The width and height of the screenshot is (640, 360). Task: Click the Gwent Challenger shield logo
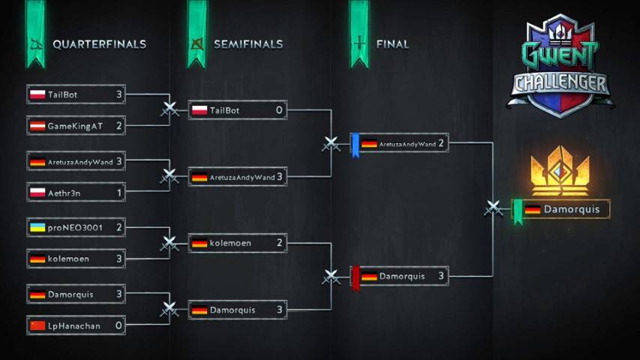coord(560,66)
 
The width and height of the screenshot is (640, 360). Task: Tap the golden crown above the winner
coord(560,170)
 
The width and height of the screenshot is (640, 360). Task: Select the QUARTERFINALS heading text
coord(99,44)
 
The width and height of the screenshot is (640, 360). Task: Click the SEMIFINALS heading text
coord(248,44)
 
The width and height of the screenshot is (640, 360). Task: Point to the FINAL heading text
coord(392,44)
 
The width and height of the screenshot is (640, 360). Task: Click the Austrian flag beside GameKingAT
coord(38,126)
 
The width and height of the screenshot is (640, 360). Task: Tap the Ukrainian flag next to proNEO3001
coord(38,227)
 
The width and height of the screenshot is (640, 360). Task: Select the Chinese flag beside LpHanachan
coord(38,325)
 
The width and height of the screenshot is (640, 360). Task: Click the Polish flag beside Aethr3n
coord(38,193)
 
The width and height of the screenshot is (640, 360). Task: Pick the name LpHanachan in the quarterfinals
coord(74,325)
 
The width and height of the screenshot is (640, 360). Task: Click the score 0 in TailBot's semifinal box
coord(279,110)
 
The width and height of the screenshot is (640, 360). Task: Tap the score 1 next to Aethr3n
coord(119,193)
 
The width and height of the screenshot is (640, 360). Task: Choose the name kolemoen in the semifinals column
coord(230,243)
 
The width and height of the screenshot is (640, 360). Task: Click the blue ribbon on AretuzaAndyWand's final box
coord(356,145)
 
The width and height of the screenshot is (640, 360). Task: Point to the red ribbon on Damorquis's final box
coord(356,278)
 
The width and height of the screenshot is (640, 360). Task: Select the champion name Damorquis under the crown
coord(572,209)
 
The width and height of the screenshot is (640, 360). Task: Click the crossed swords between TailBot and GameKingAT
coord(170,109)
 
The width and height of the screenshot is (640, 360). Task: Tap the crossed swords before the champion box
coord(494,208)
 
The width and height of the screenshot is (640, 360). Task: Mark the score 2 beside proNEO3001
coord(119,227)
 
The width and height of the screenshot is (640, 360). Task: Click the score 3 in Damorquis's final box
coord(441,276)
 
